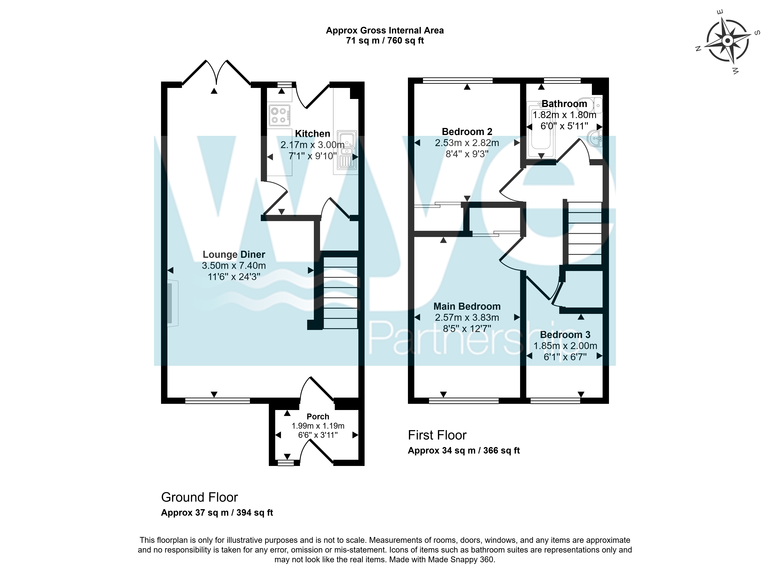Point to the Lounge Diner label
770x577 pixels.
234,255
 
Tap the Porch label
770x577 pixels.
318,417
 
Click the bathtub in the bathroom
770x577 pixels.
541,130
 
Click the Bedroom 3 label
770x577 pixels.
565,335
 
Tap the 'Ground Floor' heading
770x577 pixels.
200,497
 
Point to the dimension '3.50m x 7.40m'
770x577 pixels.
234,266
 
